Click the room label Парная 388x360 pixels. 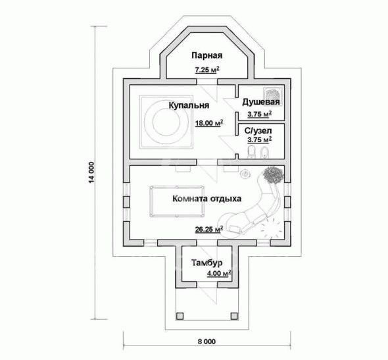tap(207, 55)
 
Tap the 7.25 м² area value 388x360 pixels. tap(207, 70)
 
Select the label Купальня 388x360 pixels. tap(189, 105)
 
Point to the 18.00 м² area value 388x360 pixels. tap(209, 123)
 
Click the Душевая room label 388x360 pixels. tap(261, 102)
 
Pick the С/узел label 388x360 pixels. tap(258, 130)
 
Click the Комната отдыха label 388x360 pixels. tap(207, 199)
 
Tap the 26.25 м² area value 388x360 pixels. tap(209, 229)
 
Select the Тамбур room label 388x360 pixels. tap(207, 263)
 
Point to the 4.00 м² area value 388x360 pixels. tap(219, 274)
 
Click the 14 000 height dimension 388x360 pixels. tap(92, 172)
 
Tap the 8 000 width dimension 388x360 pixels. tap(206, 342)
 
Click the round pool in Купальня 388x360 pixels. tap(166, 122)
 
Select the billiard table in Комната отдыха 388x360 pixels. tap(177, 201)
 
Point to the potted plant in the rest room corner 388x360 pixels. tap(273, 175)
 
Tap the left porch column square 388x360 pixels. tap(180, 316)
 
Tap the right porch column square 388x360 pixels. tap(234, 316)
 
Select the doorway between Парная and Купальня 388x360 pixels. tap(207, 82)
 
